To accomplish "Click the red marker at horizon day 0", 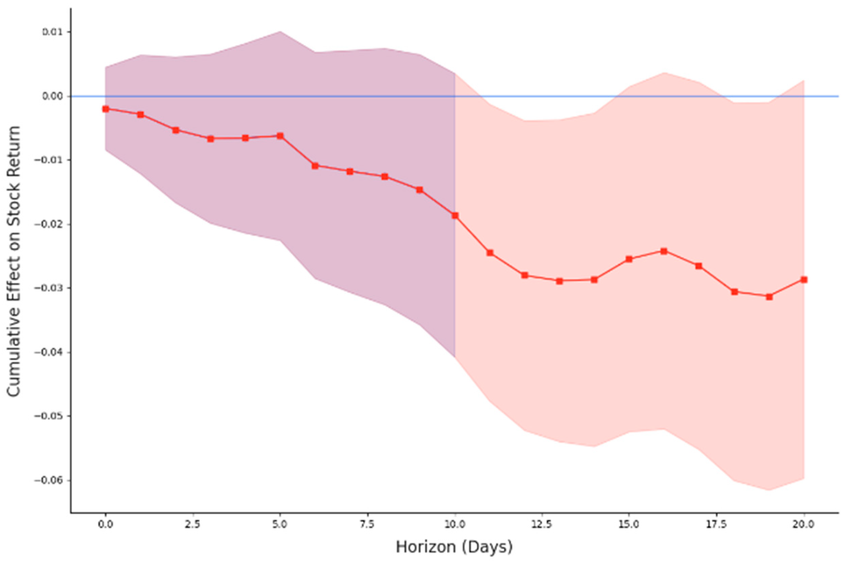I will (106, 109).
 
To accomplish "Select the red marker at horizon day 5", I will (280, 136).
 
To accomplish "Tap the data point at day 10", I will (455, 215).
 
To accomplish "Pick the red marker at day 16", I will (664, 251).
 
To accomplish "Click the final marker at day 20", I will (804, 279).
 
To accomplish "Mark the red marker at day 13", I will (559, 281).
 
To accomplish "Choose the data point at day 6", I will (315, 166).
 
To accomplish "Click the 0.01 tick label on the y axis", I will (52, 32).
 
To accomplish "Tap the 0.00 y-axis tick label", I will (52, 96).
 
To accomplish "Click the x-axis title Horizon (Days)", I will (454, 547).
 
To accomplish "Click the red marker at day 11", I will (490, 253).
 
